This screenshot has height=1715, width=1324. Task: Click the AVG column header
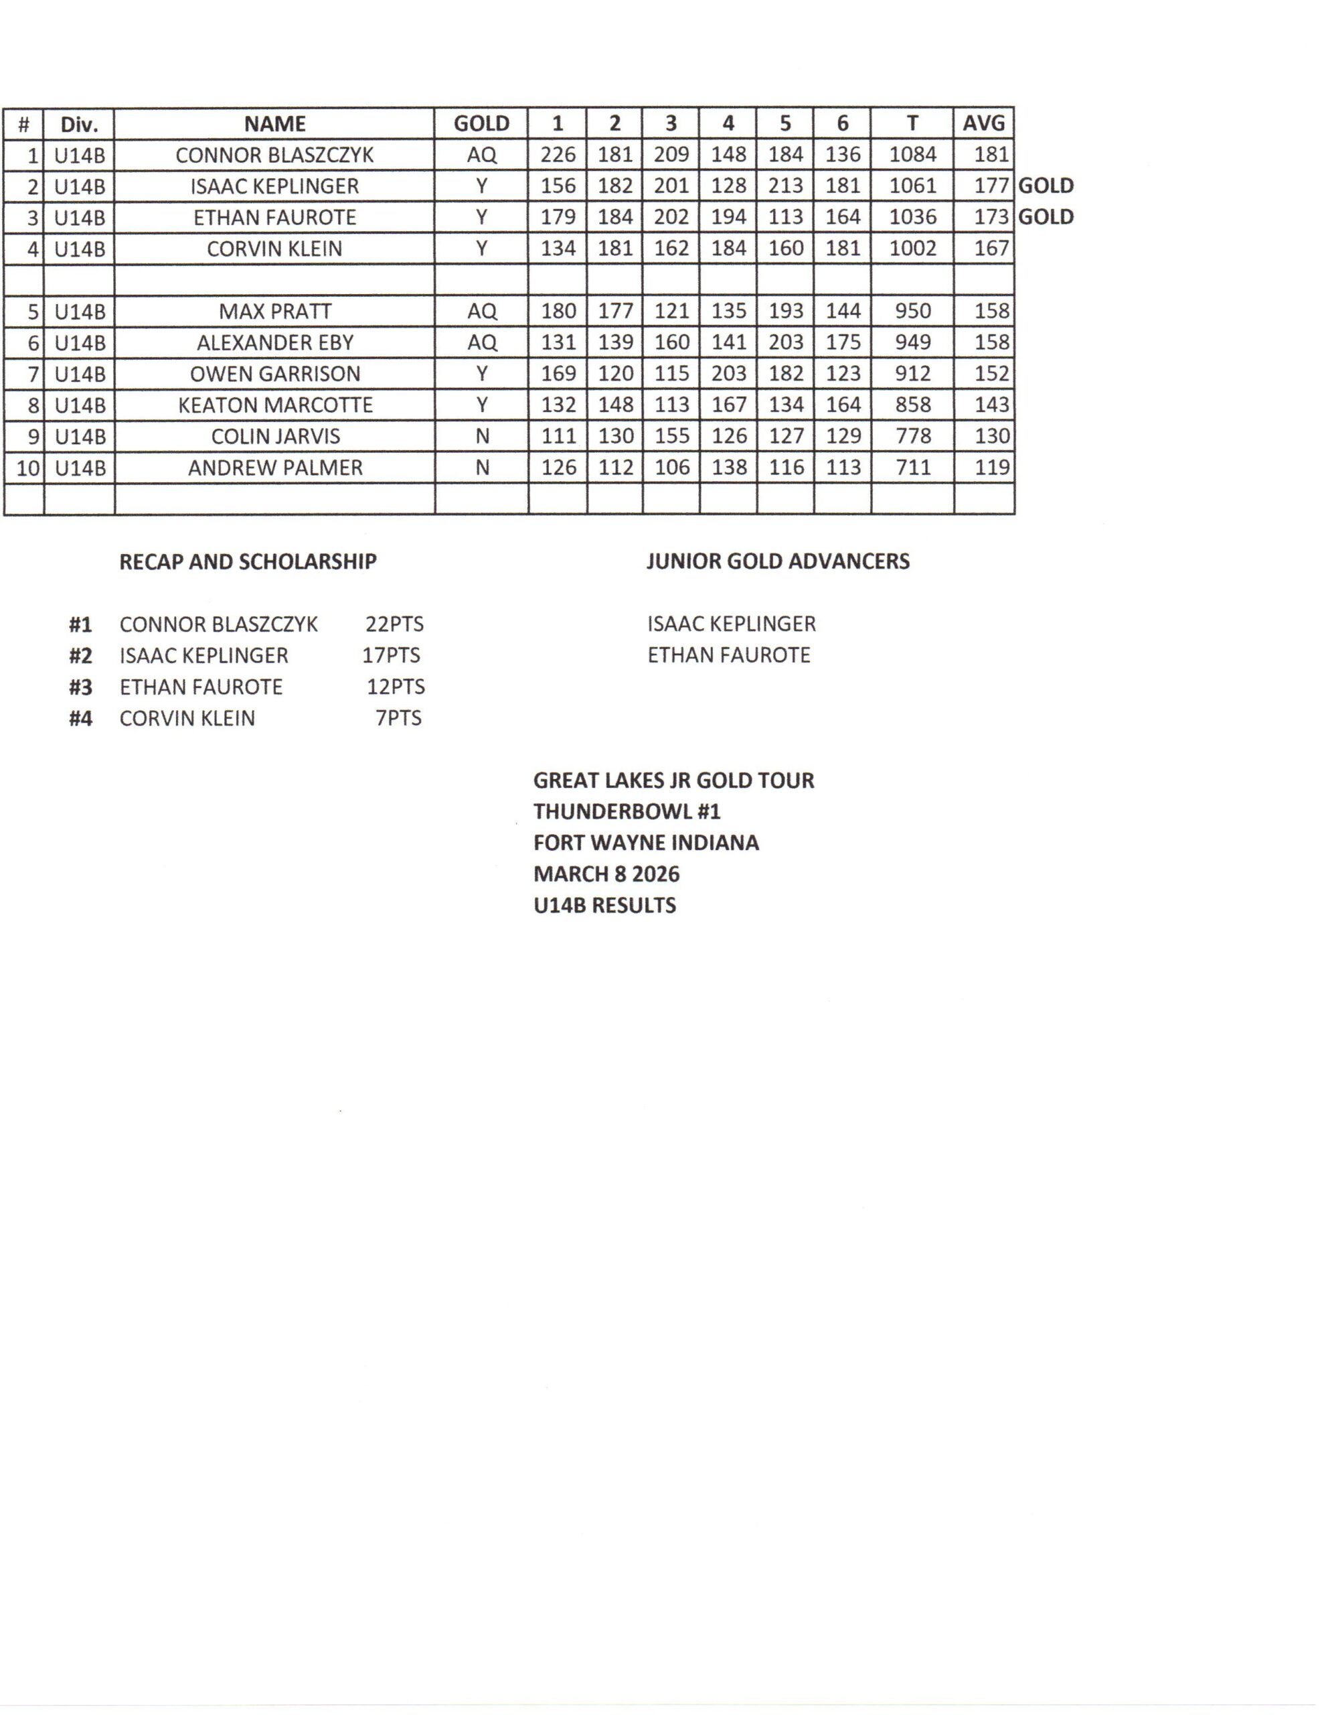coord(983,123)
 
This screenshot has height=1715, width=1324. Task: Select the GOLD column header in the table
coord(481,123)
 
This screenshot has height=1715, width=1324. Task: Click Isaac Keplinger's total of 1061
coord(912,186)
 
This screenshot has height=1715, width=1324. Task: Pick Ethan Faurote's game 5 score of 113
coord(784,218)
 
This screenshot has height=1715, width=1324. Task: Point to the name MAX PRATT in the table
coord(274,312)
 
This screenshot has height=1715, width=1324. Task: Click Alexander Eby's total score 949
coord(912,342)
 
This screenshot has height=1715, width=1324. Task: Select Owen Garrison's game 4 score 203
coord(728,374)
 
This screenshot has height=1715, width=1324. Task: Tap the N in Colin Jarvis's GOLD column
coord(482,437)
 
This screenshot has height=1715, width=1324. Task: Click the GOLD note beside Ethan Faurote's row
coord(1046,218)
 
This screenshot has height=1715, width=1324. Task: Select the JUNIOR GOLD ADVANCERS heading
coord(778,561)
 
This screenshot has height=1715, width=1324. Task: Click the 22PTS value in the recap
coord(394,624)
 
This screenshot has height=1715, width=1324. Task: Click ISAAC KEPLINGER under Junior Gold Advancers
coord(732,624)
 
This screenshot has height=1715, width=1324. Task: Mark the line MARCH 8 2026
coord(606,874)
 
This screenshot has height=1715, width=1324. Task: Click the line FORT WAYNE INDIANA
coord(646,843)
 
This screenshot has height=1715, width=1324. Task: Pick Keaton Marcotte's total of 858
coord(912,405)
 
